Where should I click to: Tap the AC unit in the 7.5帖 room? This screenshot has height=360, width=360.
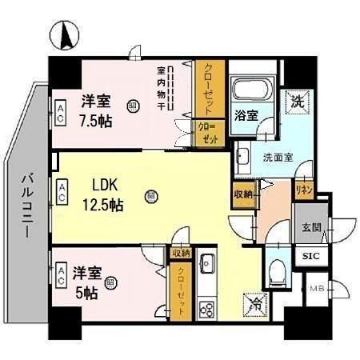61,110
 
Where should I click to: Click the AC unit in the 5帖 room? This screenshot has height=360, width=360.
61,274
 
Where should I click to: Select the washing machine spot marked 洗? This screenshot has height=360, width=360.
298,102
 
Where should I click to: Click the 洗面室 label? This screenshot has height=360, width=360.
278,157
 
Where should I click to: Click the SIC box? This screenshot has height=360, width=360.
310,256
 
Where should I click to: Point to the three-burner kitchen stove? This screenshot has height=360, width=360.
206,308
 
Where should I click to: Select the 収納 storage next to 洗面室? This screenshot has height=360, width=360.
244,194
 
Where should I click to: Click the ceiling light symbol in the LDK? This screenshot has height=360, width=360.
150,194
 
